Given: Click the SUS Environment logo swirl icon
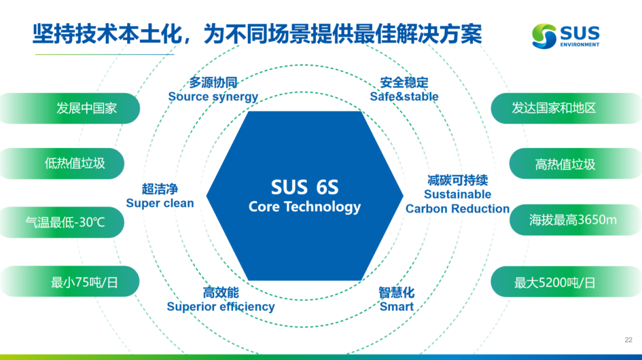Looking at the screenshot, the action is coord(544,36).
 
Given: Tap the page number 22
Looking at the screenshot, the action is coord(628,340).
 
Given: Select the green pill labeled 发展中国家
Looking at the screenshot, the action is coord(70,108).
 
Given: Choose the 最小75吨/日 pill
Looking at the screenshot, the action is coord(70,282).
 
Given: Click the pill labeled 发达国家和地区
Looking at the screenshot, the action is coord(567,108).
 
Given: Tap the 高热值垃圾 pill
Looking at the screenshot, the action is coord(575,163).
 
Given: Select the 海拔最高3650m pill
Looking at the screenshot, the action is coord(575,220).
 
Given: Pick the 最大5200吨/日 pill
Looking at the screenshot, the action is coord(567,282).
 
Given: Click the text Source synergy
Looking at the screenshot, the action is coord(213,97).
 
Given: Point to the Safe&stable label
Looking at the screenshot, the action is coord(404,97).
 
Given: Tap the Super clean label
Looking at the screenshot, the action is coord(160,203).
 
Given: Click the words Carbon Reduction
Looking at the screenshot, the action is coord(457,209).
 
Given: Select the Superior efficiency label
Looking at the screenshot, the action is coord(221,307).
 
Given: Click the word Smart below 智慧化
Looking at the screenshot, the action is coord(396,307).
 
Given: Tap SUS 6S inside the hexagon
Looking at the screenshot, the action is coord(304,187).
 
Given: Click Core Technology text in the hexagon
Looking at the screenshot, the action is coord(304,207).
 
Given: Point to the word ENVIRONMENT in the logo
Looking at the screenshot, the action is coord(580,45).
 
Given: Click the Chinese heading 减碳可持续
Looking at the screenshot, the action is coord(457,181).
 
